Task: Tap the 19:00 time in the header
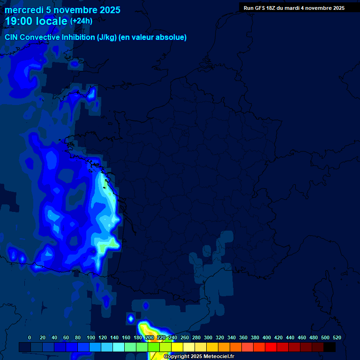[x=19, y=21]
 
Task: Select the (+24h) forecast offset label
[x=81, y=21]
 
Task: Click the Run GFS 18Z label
[x=260, y=8]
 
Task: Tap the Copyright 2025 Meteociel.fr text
[x=199, y=357]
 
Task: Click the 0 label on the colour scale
[x=30, y=337]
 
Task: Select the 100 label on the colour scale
[x=91, y=337]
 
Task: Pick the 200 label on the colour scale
[x=150, y=337]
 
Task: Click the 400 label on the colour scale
[x=267, y=337]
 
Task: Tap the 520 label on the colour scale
[x=337, y=337]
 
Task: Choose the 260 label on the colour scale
[x=185, y=337]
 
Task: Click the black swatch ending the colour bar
[x=330, y=347]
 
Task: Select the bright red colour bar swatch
[x=271, y=347]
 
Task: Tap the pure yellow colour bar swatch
[x=177, y=347]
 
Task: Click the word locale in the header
[x=51, y=21]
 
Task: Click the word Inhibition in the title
[x=78, y=37]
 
